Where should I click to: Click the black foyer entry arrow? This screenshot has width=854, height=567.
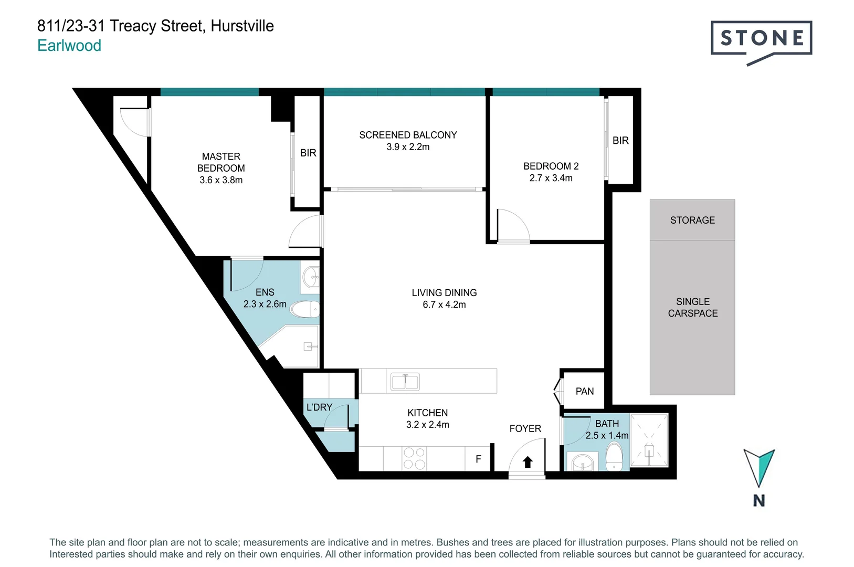click(528, 462)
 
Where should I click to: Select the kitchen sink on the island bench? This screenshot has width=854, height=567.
click(405, 381)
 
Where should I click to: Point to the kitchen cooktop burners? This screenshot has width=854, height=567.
click(414, 458)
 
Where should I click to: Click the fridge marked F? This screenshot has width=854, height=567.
click(478, 459)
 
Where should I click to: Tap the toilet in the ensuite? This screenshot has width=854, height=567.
click(304, 309)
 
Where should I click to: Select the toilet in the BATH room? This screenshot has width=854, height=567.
click(614, 456)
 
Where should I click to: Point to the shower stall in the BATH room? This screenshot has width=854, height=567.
click(649, 440)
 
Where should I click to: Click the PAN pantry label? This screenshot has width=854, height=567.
click(585, 391)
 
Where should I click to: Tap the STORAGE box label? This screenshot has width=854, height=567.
click(692, 220)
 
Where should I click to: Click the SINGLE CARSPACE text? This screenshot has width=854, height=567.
click(692, 307)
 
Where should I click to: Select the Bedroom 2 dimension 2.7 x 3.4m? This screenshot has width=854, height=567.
click(551, 178)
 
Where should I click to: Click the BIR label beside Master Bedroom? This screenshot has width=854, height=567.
click(308, 153)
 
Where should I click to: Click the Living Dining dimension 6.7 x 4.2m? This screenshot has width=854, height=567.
click(444, 304)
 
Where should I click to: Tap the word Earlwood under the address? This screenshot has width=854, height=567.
click(69, 46)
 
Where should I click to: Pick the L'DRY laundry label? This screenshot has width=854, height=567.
click(319, 407)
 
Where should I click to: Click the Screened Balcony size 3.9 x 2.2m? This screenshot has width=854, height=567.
click(408, 147)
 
